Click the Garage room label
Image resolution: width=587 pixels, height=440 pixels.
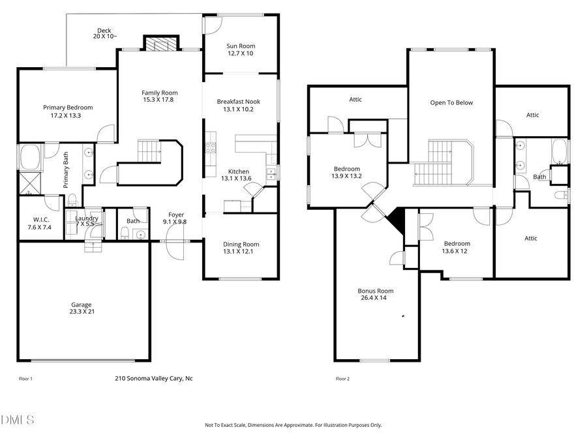(x=82, y=308)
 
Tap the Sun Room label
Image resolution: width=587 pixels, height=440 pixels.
(x=241, y=50)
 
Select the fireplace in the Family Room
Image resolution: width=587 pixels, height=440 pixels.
(x=160, y=44)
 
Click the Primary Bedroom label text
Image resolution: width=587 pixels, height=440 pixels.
(x=68, y=111)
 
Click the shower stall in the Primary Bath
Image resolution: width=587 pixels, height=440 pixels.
(x=29, y=183)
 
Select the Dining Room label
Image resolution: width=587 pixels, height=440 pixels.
(x=241, y=248)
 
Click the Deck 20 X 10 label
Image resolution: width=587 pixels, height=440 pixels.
(x=105, y=34)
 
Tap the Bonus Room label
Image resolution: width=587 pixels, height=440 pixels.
(x=376, y=295)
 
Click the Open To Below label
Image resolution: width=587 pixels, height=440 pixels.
(x=451, y=103)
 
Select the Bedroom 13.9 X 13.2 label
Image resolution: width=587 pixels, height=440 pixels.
(x=346, y=173)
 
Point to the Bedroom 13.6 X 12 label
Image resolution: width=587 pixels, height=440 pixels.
(x=456, y=247)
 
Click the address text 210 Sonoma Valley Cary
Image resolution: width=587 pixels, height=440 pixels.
(x=153, y=378)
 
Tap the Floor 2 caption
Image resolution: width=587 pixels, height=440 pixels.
(x=342, y=379)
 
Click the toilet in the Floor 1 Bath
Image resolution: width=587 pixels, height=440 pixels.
(x=125, y=233)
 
